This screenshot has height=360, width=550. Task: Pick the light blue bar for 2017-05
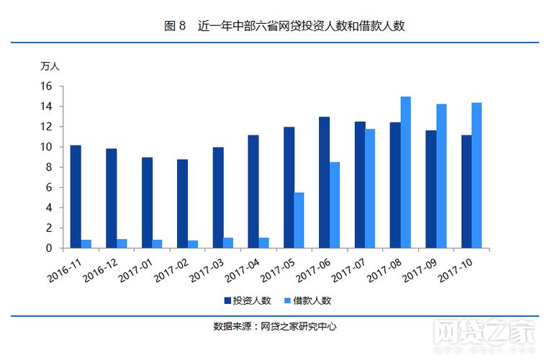pos(299,220)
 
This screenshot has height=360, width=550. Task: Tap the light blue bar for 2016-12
pos(122,243)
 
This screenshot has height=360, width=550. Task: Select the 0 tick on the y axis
pos(50,248)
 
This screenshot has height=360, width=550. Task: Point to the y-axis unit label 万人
pos(50,66)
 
